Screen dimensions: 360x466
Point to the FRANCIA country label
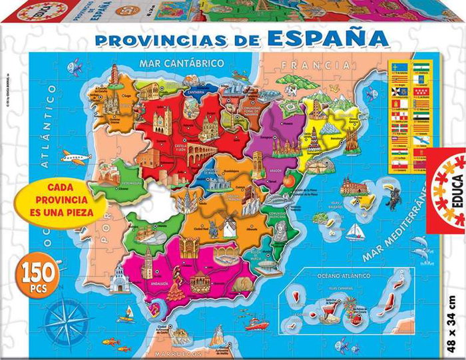[x=316, y=65]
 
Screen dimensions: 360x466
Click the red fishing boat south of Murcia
[x=256, y=325]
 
